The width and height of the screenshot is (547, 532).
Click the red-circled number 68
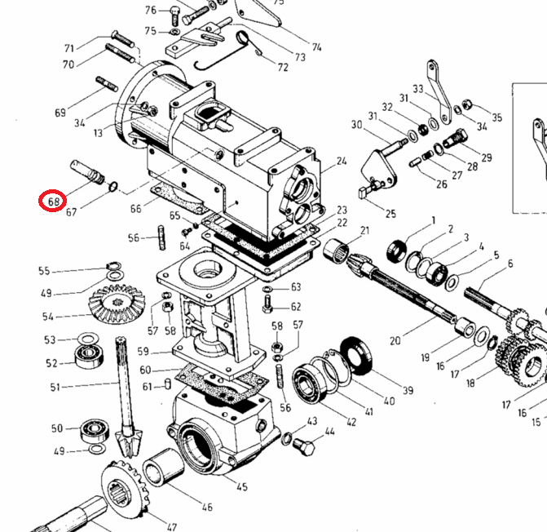53,201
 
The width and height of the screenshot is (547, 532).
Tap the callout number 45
242,488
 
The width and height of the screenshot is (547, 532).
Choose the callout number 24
342,162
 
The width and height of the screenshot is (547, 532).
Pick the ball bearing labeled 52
86,355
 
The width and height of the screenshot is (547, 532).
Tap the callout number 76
151,11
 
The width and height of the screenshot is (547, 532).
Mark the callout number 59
143,352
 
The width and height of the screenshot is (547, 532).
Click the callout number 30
356,125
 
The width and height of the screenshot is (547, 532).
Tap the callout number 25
390,214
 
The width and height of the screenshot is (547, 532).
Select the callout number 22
342,223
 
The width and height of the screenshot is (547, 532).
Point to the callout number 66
135,209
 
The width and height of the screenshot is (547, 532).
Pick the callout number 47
171,526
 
